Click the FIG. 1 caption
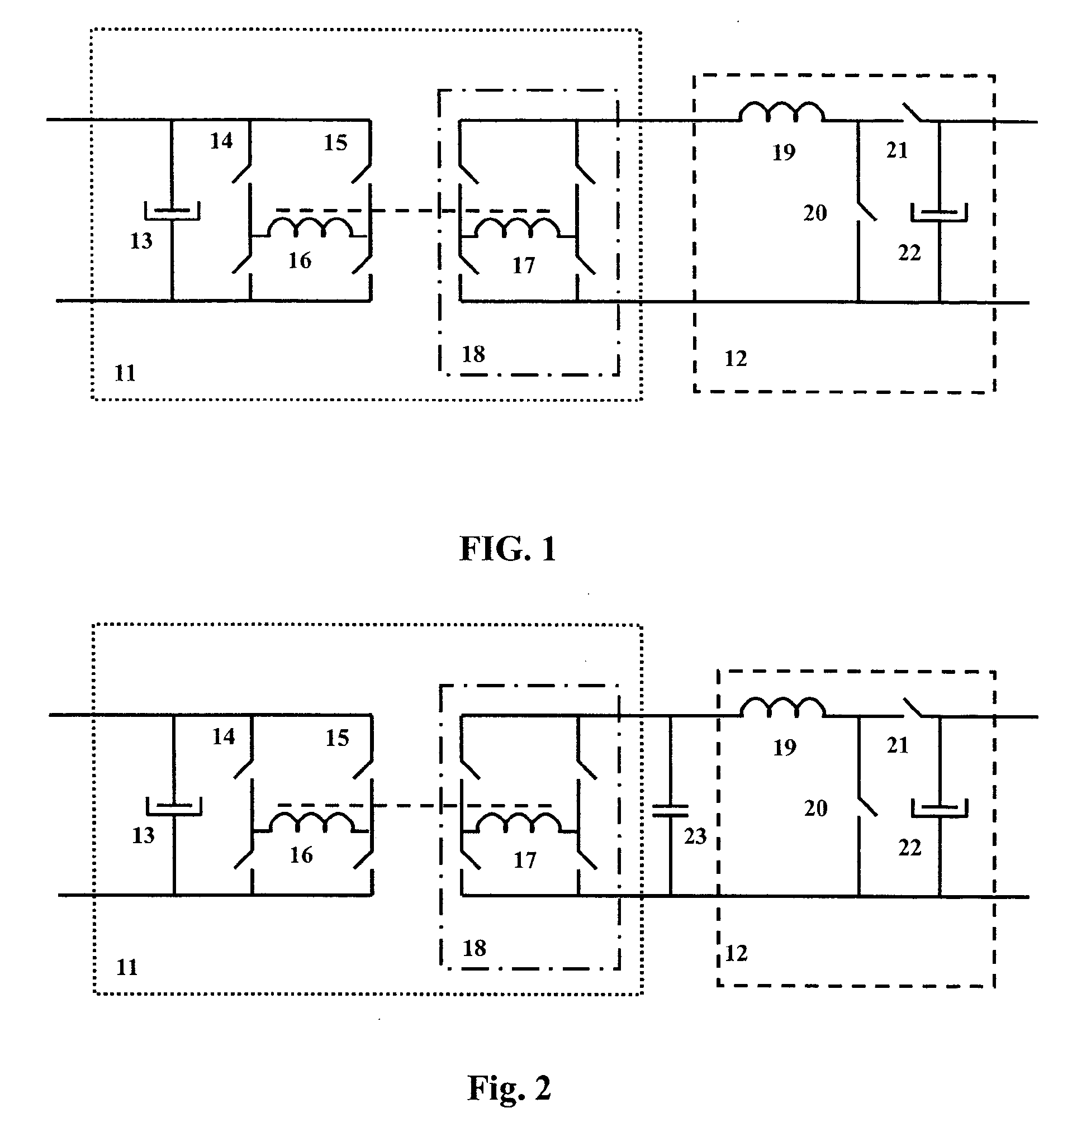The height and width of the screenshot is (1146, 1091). tap(507, 548)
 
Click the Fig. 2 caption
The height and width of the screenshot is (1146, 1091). tap(509, 1088)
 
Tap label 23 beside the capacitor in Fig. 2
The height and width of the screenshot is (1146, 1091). tap(695, 836)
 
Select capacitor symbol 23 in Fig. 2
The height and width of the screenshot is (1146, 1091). tap(670, 811)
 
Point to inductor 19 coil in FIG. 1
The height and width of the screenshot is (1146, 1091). tap(781, 112)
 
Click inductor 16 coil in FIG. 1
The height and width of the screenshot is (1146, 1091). tap(310, 228)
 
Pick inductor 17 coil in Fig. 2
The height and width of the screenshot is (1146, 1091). tap(518, 822)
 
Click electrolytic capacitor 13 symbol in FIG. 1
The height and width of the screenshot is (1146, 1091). tap(172, 211)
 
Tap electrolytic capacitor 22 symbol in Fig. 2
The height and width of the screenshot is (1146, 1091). tap(939, 807)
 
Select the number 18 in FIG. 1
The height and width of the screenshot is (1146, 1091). tap(473, 354)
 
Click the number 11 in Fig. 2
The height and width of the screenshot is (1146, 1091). tap(127, 968)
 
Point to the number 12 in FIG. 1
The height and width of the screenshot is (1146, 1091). tap(736, 359)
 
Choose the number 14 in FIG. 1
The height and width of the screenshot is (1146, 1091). tap(221, 141)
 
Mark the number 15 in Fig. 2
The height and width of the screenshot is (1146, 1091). tap(337, 738)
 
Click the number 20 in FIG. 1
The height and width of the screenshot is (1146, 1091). tap(815, 213)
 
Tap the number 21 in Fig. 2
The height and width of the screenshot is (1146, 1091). tap(898, 745)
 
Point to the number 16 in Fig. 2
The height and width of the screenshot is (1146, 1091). tap(301, 855)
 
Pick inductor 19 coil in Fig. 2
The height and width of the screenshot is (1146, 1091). tap(782, 707)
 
